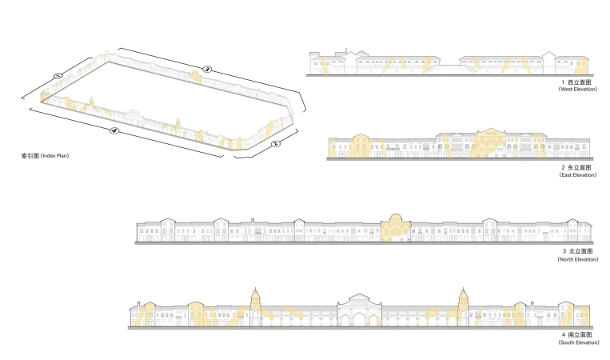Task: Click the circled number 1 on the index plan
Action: pyautogui.click(x=58, y=75)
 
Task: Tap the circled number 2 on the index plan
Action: pyautogui.click(x=275, y=144)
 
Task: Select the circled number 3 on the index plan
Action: pyautogui.click(x=207, y=70)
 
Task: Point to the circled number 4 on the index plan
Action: pyautogui.click(x=114, y=130)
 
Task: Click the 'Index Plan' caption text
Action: pyautogui.click(x=54, y=156)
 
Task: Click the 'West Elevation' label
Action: pyautogui.click(x=578, y=89)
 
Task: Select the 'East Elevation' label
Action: pyautogui.click(x=578, y=175)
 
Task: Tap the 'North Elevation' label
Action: pyautogui.click(x=578, y=259)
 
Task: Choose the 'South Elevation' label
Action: pyautogui.click(x=579, y=342)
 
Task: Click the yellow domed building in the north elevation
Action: pyautogui.click(x=396, y=228)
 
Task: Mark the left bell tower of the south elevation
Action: pyautogui.click(x=255, y=306)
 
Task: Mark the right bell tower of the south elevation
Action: pyautogui.click(x=463, y=306)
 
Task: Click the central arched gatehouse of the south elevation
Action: pyautogui.click(x=359, y=310)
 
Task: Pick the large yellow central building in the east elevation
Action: pyautogui.click(x=490, y=143)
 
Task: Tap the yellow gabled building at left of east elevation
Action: pyautogui.click(x=361, y=146)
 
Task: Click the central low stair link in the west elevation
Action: pyautogui.click(x=450, y=70)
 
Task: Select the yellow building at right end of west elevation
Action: pyautogui.click(x=581, y=66)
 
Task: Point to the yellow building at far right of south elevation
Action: pyautogui.click(x=583, y=316)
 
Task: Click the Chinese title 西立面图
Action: pyautogui.click(x=580, y=82)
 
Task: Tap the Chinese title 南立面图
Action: pyautogui.click(x=580, y=334)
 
